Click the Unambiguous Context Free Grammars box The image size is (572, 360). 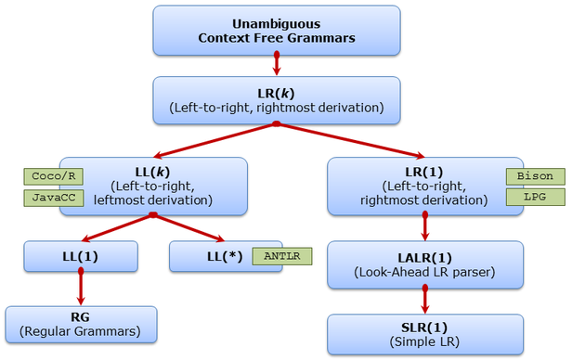(277, 30)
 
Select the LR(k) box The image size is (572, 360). (277, 99)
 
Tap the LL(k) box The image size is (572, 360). (153, 186)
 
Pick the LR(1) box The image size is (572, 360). (423, 186)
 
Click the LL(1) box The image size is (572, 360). (81, 256)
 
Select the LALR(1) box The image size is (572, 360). (423, 264)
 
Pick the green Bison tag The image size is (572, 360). (534, 176)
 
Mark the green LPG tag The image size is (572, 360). (534, 198)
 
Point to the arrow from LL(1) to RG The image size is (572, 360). (81, 288)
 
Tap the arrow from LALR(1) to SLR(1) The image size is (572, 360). (425, 300)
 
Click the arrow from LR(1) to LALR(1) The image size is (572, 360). (425, 227)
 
